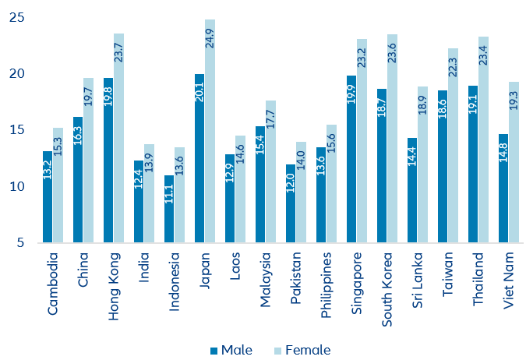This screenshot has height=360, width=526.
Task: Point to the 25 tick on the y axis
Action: [16, 18]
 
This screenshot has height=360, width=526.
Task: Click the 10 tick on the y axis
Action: [16, 186]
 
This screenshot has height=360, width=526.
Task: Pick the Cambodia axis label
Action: [52, 283]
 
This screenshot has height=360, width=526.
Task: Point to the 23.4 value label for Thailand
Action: [483, 52]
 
